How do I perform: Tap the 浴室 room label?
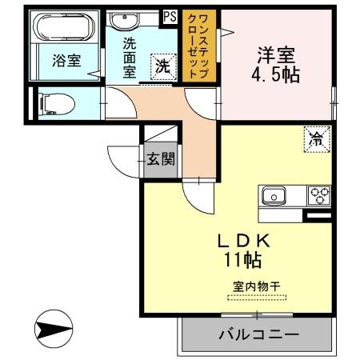coord(66,61)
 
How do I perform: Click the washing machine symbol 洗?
coord(162,66)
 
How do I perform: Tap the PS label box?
coord(170,14)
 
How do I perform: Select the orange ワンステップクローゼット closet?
coord(200,46)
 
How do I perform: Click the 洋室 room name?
coord(276,56)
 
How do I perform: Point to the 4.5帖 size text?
coord(276,77)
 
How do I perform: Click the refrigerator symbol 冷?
coord(314,138)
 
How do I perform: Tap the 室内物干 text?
coord(255,286)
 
